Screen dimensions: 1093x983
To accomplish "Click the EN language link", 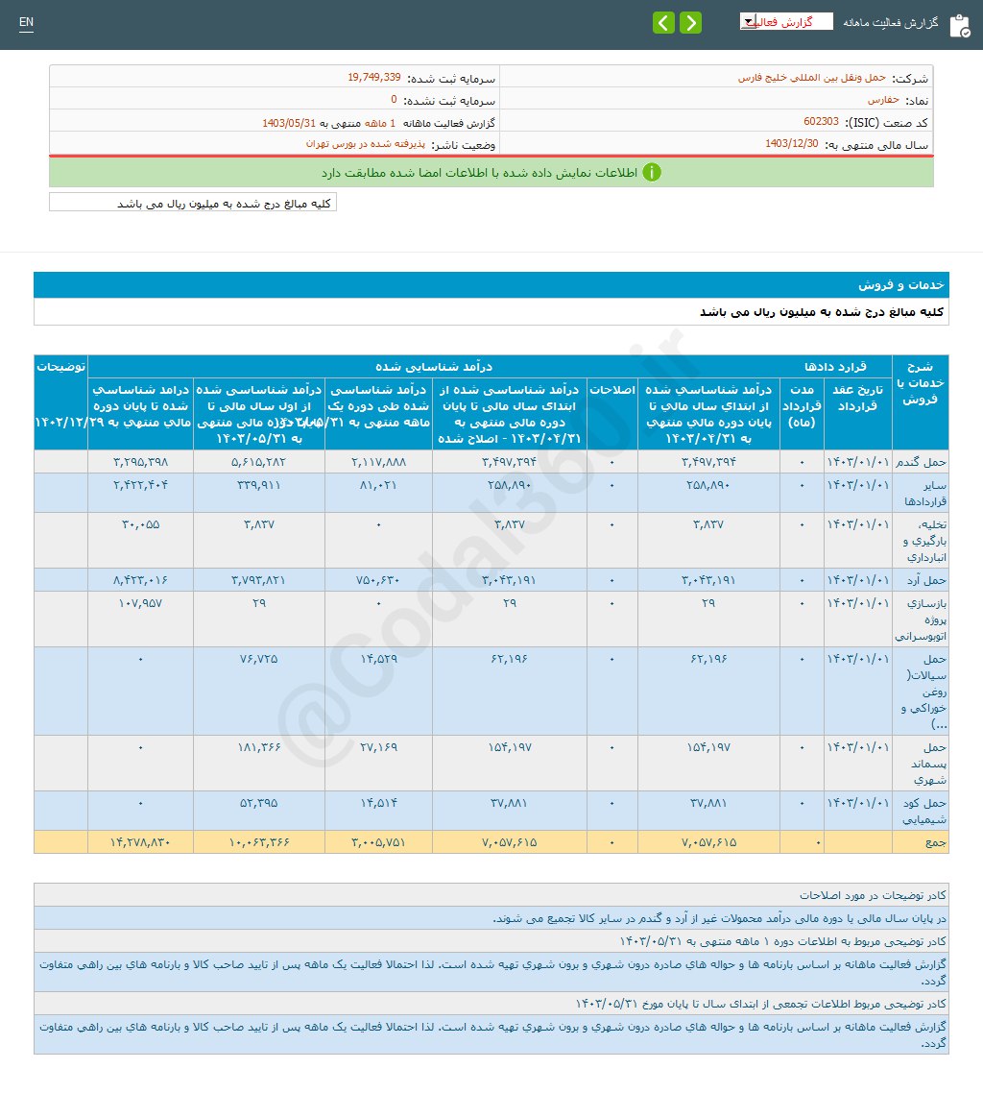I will pyautogui.click(x=26, y=22).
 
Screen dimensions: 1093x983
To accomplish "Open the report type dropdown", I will pyautogui.click(x=785, y=22).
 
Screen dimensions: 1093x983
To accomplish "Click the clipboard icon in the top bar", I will pyautogui.click(x=959, y=26).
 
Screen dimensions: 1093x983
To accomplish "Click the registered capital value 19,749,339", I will pyautogui.click(x=374, y=78).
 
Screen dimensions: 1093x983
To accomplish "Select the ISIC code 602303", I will pyautogui.click(x=821, y=122).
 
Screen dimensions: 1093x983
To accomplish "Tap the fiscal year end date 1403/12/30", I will pyautogui.click(x=792, y=144).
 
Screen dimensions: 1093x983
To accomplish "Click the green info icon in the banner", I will pyautogui.click(x=651, y=173).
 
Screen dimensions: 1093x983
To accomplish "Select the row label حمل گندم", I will pyautogui.click(x=920, y=462).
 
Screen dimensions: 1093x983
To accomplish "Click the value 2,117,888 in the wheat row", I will pyautogui.click(x=378, y=462).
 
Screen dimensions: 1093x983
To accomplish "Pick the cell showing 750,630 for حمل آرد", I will pyautogui.click(x=378, y=579).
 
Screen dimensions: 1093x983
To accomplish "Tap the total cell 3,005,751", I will pyautogui.click(x=378, y=842).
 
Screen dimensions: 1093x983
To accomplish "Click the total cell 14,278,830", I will pyautogui.click(x=140, y=842).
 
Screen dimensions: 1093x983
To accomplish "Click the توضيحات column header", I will pyautogui.click(x=60, y=367).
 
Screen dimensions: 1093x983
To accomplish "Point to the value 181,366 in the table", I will pyautogui.click(x=259, y=746).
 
